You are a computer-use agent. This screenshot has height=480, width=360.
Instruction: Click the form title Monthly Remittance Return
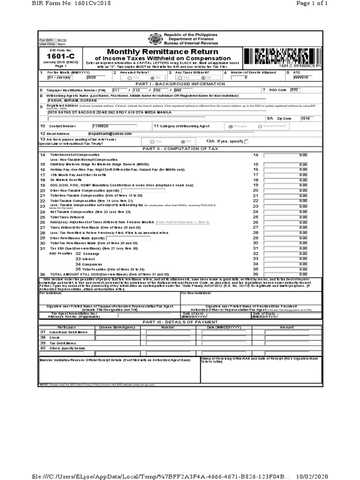[x=162, y=51]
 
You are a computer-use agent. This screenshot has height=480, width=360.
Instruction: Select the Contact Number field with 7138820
[x=114, y=126]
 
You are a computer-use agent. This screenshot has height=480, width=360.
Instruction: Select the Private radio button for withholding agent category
[x=230, y=127]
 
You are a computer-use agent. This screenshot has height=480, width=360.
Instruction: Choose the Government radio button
[x=260, y=127]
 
